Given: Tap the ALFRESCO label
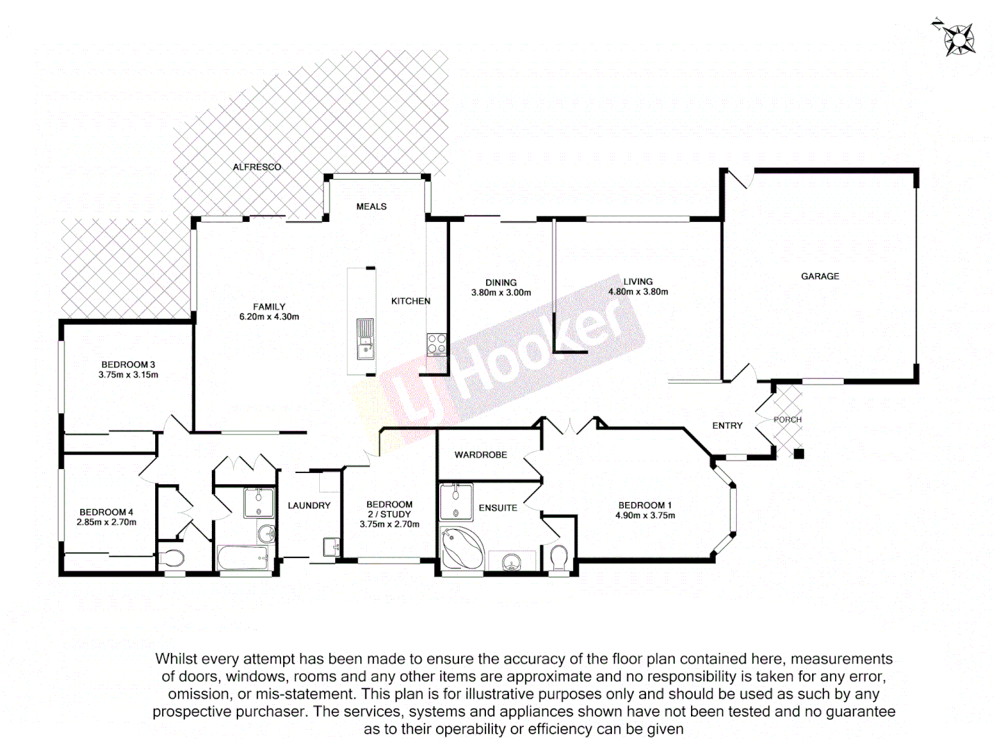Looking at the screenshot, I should click(257, 167).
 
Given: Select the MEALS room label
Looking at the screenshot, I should click(371, 207).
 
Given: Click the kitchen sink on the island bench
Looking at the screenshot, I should click(365, 339).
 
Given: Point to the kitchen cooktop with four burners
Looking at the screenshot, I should click(436, 344).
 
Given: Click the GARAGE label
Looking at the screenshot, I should click(820, 277).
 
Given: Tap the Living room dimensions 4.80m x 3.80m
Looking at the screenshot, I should click(638, 292).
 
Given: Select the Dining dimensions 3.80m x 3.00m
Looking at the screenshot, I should click(501, 293).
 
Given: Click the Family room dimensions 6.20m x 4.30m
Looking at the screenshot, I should click(269, 317).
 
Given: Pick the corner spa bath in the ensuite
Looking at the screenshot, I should click(461, 548).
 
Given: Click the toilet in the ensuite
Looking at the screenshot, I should click(559, 557).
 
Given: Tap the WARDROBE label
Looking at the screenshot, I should click(480, 455).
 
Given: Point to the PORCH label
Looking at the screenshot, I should click(787, 420).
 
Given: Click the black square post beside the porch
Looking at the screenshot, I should click(799, 454).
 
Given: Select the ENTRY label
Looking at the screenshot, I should click(727, 426).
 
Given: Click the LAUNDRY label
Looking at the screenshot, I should click(309, 506).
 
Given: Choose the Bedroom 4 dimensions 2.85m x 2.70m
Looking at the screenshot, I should click(106, 522).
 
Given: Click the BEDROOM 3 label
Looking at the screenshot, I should click(128, 365).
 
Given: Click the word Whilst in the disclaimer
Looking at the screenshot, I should click(177, 659).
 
